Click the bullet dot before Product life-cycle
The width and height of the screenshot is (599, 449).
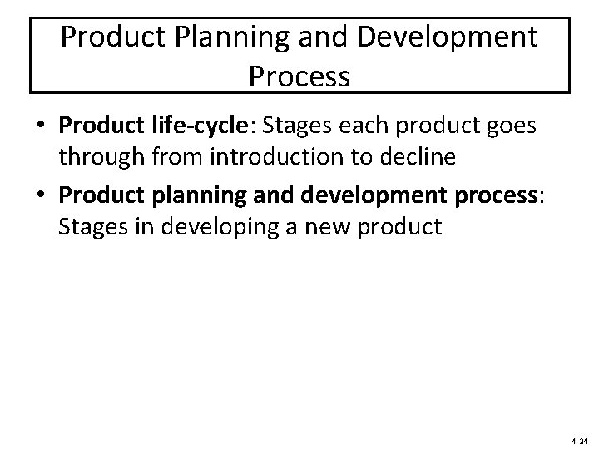tap(41, 126)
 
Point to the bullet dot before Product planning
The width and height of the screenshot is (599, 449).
tap(41, 194)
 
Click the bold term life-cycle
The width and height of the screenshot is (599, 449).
tap(207, 126)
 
